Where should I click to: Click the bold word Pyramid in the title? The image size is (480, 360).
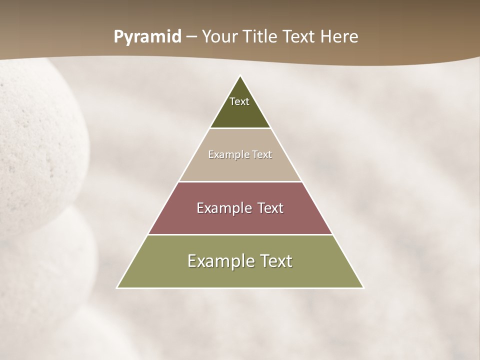coord(147,37)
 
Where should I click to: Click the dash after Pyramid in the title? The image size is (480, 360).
coord(191,37)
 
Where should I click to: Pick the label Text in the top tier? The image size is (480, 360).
coord(239,101)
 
